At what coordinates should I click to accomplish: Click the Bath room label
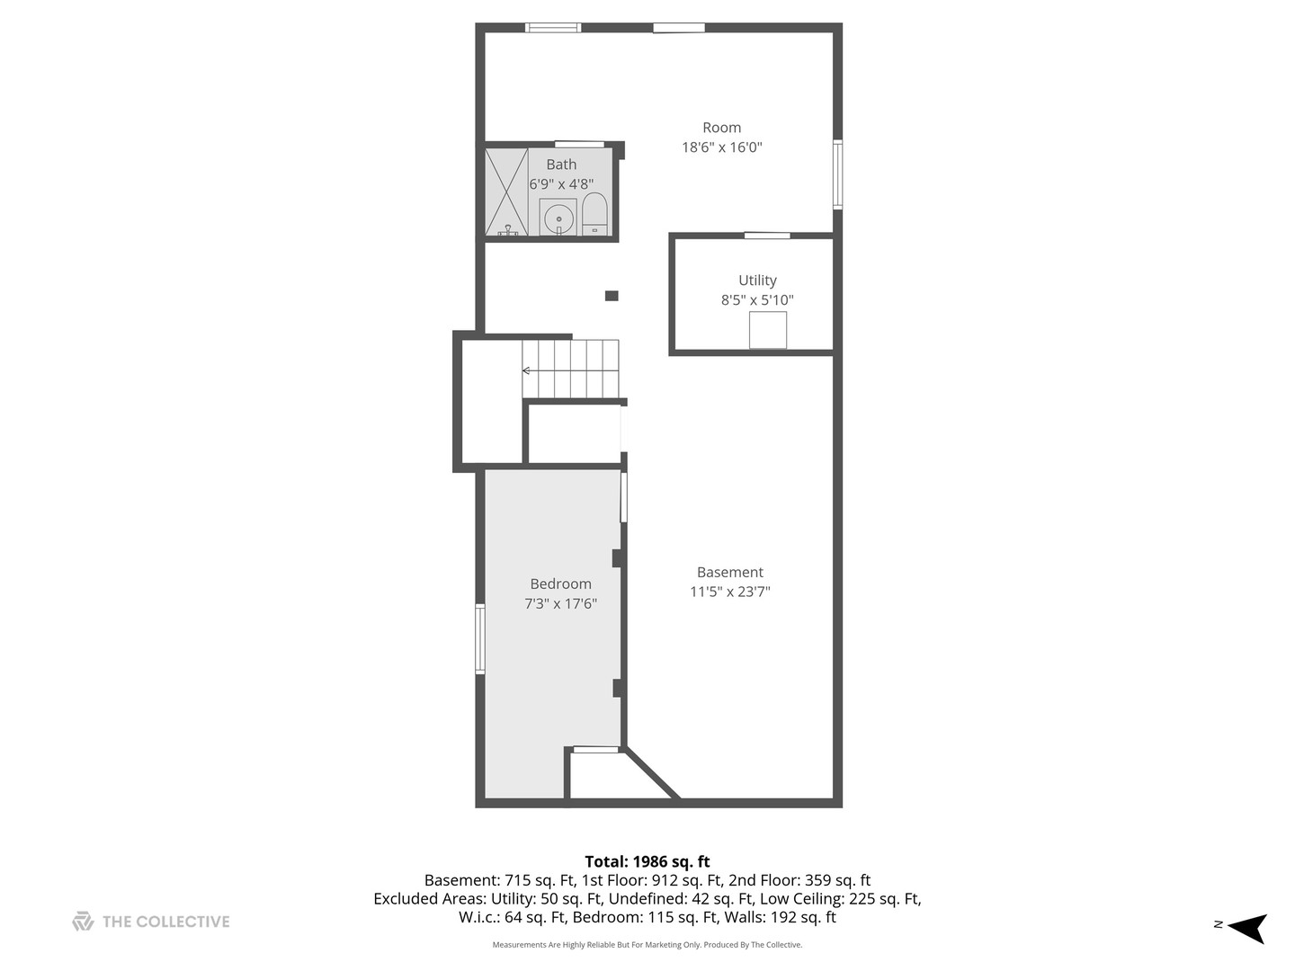click(x=561, y=165)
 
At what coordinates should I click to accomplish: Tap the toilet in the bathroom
click(x=594, y=214)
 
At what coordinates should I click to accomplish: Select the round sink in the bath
click(x=558, y=218)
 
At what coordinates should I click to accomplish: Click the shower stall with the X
click(x=506, y=192)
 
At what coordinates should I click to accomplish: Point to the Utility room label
click(x=757, y=281)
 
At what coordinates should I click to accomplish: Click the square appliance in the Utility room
click(x=768, y=330)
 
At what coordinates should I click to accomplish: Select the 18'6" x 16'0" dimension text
click(x=721, y=147)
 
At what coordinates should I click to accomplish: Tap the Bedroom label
click(x=560, y=583)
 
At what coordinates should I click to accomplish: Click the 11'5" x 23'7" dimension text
click(x=729, y=592)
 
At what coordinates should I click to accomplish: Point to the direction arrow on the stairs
click(x=527, y=370)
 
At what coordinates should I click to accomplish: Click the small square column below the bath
click(x=612, y=296)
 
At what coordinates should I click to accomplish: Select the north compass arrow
click(x=1247, y=927)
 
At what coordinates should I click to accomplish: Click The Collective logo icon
click(x=83, y=922)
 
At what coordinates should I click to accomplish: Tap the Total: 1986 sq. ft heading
click(x=647, y=861)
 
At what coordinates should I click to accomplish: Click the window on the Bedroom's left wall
click(x=480, y=639)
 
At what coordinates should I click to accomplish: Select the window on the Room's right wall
click(x=837, y=174)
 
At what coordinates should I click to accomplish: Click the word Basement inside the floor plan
click(x=729, y=572)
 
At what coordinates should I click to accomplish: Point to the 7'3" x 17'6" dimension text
click(x=560, y=604)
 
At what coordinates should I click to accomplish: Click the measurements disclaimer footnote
click(x=647, y=945)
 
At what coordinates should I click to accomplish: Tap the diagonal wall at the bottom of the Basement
click(x=653, y=772)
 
